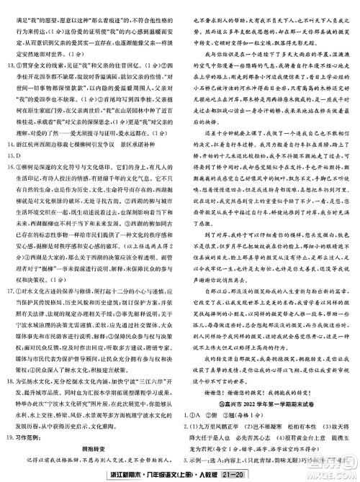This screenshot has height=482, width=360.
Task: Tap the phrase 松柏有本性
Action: (297, 417)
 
